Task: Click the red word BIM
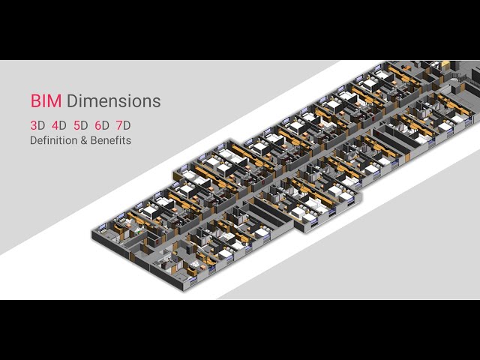point(46,101)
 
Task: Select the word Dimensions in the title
point(113,101)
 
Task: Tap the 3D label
point(37,125)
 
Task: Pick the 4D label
point(59,125)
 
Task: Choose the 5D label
point(80,125)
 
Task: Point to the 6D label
point(102,125)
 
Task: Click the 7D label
point(123,125)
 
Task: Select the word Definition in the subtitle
point(53,140)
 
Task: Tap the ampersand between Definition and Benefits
point(84,140)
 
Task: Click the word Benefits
point(111,140)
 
